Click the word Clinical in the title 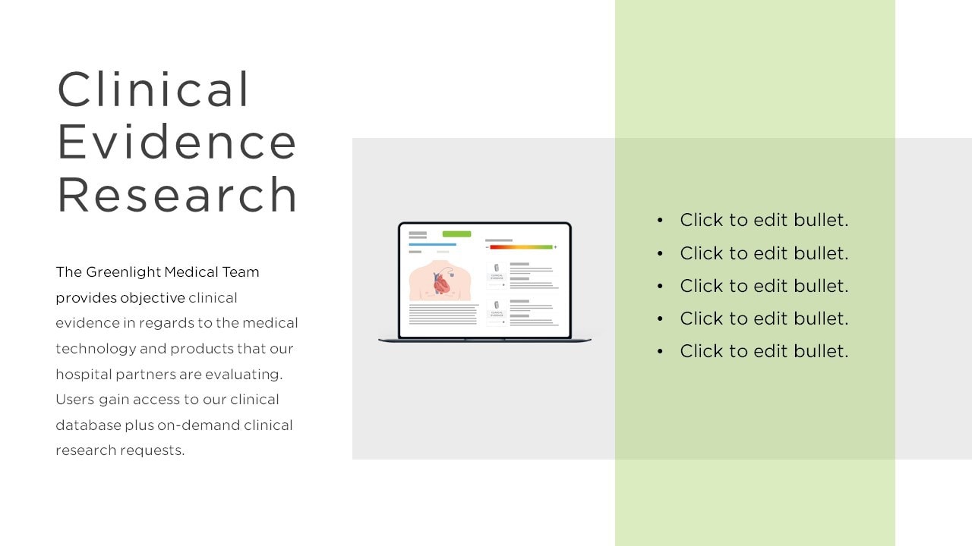pos(153,89)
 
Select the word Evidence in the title pos(177,142)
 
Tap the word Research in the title pos(177,195)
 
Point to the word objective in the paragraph pos(153,298)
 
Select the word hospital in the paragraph pos(84,375)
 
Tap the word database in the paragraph pos(89,425)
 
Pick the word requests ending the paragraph pos(153,450)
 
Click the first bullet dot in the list pos(660,221)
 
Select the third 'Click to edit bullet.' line pos(764,286)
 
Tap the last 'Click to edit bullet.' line pos(764,351)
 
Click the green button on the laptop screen pos(456,234)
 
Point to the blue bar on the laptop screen pos(432,244)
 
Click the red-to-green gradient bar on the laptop pos(521,247)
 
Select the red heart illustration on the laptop pos(443,284)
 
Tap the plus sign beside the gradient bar pos(555,247)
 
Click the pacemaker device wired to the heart pos(451,273)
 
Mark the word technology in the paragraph pos(96,349)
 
